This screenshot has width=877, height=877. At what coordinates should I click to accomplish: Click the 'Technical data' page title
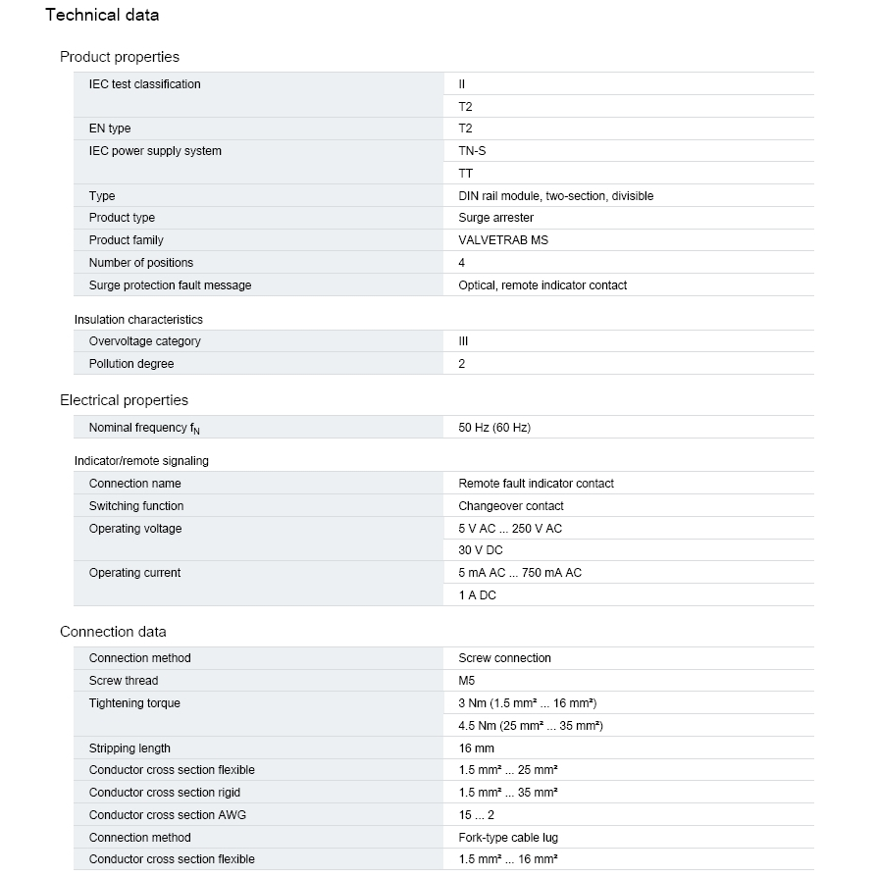(x=102, y=15)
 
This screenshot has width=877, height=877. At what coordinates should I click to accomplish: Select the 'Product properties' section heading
(x=120, y=57)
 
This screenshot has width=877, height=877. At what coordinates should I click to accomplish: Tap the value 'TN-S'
(x=472, y=151)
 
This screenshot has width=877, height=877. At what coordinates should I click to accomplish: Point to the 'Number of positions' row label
(x=141, y=263)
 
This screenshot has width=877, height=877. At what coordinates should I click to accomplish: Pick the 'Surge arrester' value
(x=496, y=218)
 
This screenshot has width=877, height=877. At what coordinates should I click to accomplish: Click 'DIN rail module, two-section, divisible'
(x=555, y=196)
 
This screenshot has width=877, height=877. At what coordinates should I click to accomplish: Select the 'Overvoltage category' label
(x=144, y=341)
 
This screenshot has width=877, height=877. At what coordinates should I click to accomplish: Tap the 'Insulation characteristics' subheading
(x=138, y=320)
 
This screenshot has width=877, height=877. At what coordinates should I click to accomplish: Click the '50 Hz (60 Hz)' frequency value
(x=494, y=428)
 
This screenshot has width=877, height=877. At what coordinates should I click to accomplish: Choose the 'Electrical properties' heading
(x=124, y=400)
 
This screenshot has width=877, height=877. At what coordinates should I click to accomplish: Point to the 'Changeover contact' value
(x=511, y=506)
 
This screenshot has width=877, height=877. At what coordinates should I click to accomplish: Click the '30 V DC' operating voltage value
(x=481, y=550)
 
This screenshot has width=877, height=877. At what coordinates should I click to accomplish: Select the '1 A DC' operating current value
(x=477, y=595)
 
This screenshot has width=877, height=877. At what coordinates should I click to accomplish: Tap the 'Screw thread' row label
(x=124, y=681)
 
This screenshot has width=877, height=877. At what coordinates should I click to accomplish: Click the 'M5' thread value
(x=467, y=681)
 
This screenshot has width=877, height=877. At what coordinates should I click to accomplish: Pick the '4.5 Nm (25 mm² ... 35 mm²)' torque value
(x=530, y=726)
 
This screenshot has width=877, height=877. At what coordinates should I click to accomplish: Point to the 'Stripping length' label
(x=129, y=748)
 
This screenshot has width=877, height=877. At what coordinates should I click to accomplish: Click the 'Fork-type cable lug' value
(x=509, y=838)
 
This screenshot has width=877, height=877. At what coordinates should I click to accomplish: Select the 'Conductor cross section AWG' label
(x=165, y=815)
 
